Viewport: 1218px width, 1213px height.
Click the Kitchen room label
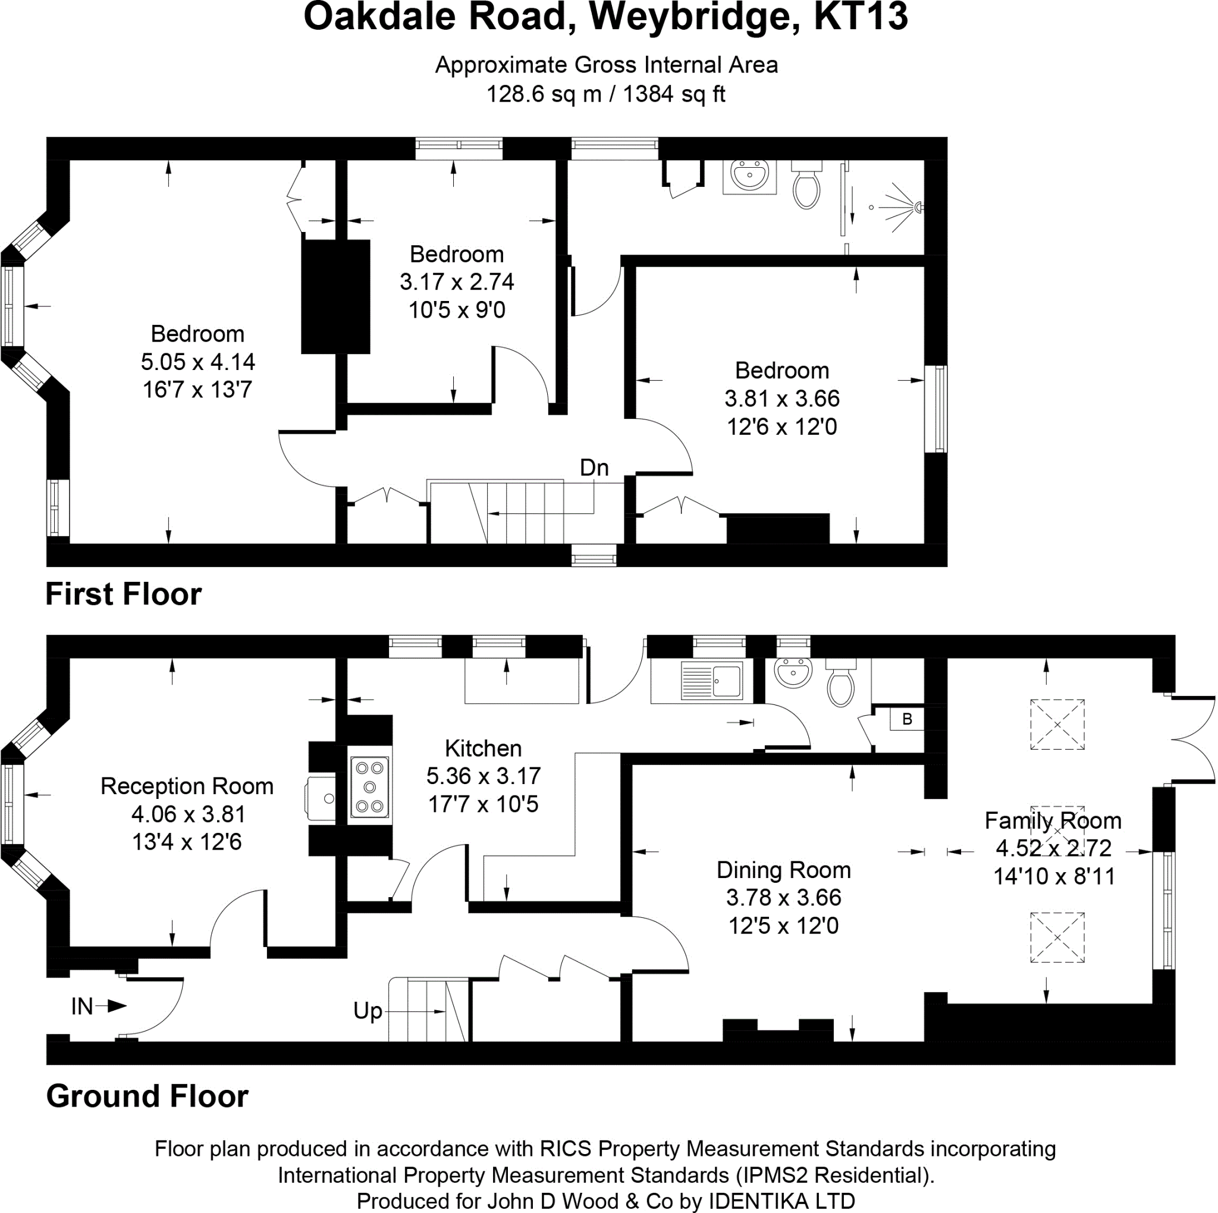pyautogui.click(x=483, y=748)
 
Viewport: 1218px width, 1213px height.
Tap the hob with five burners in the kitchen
pyautogui.click(x=369, y=787)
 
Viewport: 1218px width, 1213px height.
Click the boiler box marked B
pyautogui.click(x=906, y=719)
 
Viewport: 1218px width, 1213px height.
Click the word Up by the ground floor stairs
pyautogui.click(x=368, y=1011)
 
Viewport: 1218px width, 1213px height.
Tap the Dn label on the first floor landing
pyautogui.click(x=594, y=468)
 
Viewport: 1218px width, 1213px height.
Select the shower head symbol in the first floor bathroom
pyautogui.click(x=918, y=206)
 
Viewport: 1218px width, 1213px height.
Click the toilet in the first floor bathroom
pyautogui.click(x=806, y=186)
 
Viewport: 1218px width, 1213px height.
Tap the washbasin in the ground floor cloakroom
pyautogui.click(x=792, y=673)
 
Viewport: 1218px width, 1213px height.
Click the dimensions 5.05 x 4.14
pyautogui.click(x=197, y=362)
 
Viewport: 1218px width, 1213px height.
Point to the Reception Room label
pyautogui.click(x=187, y=786)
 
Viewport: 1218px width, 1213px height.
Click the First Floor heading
pyautogui.click(x=124, y=594)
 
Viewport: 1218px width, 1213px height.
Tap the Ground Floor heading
pyautogui.click(x=147, y=1096)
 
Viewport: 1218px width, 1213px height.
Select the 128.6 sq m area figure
pyautogui.click(x=544, y=95)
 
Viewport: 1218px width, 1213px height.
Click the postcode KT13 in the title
pyautogui.click(x=861, y=18)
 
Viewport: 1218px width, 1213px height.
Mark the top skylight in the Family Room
pyautogui.click(x=1057, y=725)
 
